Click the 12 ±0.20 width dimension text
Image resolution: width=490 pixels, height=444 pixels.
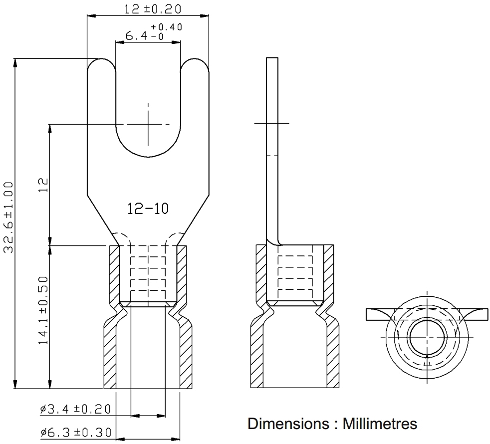153,9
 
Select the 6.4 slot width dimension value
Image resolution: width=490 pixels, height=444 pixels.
136,36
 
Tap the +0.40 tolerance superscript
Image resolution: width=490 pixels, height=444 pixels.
167,27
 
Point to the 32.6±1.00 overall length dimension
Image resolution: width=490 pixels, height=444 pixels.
8,218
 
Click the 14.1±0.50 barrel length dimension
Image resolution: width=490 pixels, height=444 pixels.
43,311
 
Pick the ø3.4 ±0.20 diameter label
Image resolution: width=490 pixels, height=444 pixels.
76,409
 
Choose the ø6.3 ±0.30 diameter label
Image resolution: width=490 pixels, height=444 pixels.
76,432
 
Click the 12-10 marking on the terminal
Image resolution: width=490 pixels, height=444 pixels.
148,209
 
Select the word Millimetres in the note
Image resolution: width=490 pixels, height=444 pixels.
380,424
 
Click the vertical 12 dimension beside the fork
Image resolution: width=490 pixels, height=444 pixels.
43,185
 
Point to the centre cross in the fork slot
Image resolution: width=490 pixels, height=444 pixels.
148,124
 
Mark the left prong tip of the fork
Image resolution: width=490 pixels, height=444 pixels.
101,59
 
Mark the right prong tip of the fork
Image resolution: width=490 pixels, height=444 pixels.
195,59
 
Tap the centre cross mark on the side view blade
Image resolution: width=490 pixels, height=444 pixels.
271,123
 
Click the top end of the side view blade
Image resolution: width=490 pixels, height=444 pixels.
272,58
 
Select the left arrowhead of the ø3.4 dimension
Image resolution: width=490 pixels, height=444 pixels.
135,416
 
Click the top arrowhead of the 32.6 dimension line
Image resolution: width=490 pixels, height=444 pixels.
15,62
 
